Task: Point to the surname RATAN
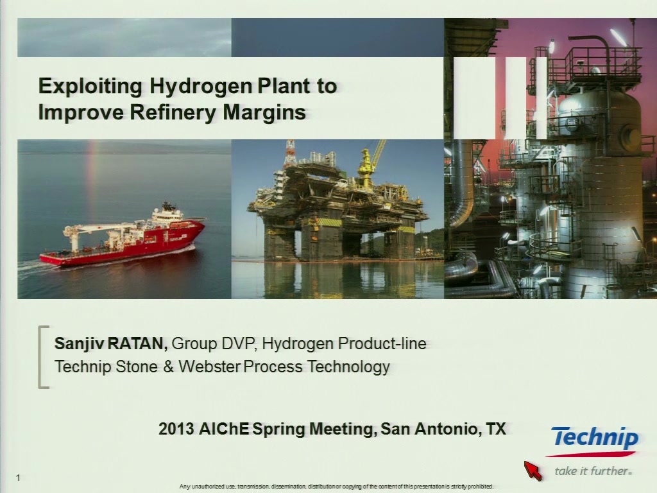coord(138,343)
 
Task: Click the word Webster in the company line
coord(209,367)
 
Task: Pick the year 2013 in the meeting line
coord(176,429)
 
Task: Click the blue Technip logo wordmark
coord(595,438)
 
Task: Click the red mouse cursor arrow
coord(532,470)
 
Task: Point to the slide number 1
coord(18,478)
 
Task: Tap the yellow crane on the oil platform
coord(370,161)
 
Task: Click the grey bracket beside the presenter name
coord(40,357)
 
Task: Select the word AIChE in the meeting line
coord(224,429)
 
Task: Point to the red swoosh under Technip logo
coord(591,454)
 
